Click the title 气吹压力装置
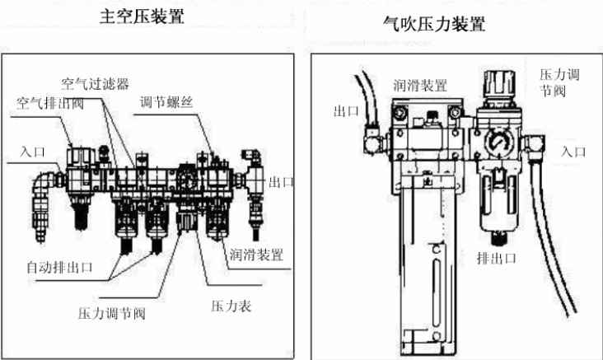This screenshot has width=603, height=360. point(434,24)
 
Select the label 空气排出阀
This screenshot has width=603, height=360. point(52,104)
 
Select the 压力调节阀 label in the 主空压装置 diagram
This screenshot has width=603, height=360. point(112,313)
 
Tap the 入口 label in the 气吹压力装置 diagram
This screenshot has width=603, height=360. point(573,152)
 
